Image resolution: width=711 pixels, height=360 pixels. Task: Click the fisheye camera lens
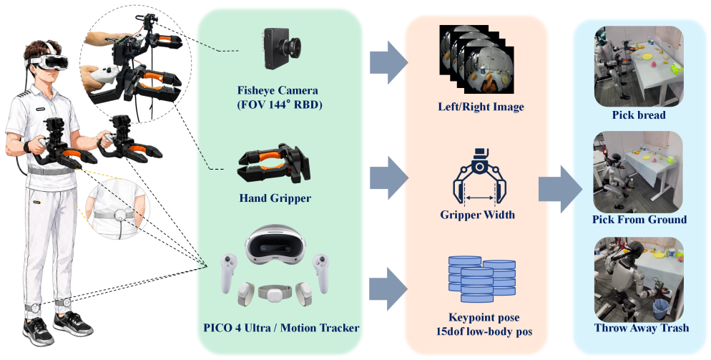click(290, 46)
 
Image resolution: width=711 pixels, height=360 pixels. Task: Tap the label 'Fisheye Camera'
click(278, 90)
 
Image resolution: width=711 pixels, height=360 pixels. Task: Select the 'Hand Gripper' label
click(275, 198)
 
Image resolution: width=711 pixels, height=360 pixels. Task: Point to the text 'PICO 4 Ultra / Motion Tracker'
click(281, 328)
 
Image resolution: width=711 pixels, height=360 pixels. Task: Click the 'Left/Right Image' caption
click(481, 107)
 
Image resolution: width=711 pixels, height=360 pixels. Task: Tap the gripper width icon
click(479, 176)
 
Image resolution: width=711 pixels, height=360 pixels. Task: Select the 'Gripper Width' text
click(478, 214)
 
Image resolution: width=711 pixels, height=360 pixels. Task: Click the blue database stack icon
click(481, 279)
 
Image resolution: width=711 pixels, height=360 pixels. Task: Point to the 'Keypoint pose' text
click(484, 317)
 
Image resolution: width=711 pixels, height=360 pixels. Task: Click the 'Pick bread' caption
click(639, 115)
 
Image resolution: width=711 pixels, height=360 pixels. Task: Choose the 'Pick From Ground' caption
click(639, 220)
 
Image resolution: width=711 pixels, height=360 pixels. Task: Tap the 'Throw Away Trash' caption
click(641, 328)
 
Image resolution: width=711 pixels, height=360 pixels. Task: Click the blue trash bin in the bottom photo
click(661, 310)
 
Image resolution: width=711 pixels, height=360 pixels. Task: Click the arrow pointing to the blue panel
click(560, 189)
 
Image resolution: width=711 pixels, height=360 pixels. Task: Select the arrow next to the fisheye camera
click(388, 62)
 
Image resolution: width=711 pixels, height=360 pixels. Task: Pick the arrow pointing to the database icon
click(388, 288)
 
